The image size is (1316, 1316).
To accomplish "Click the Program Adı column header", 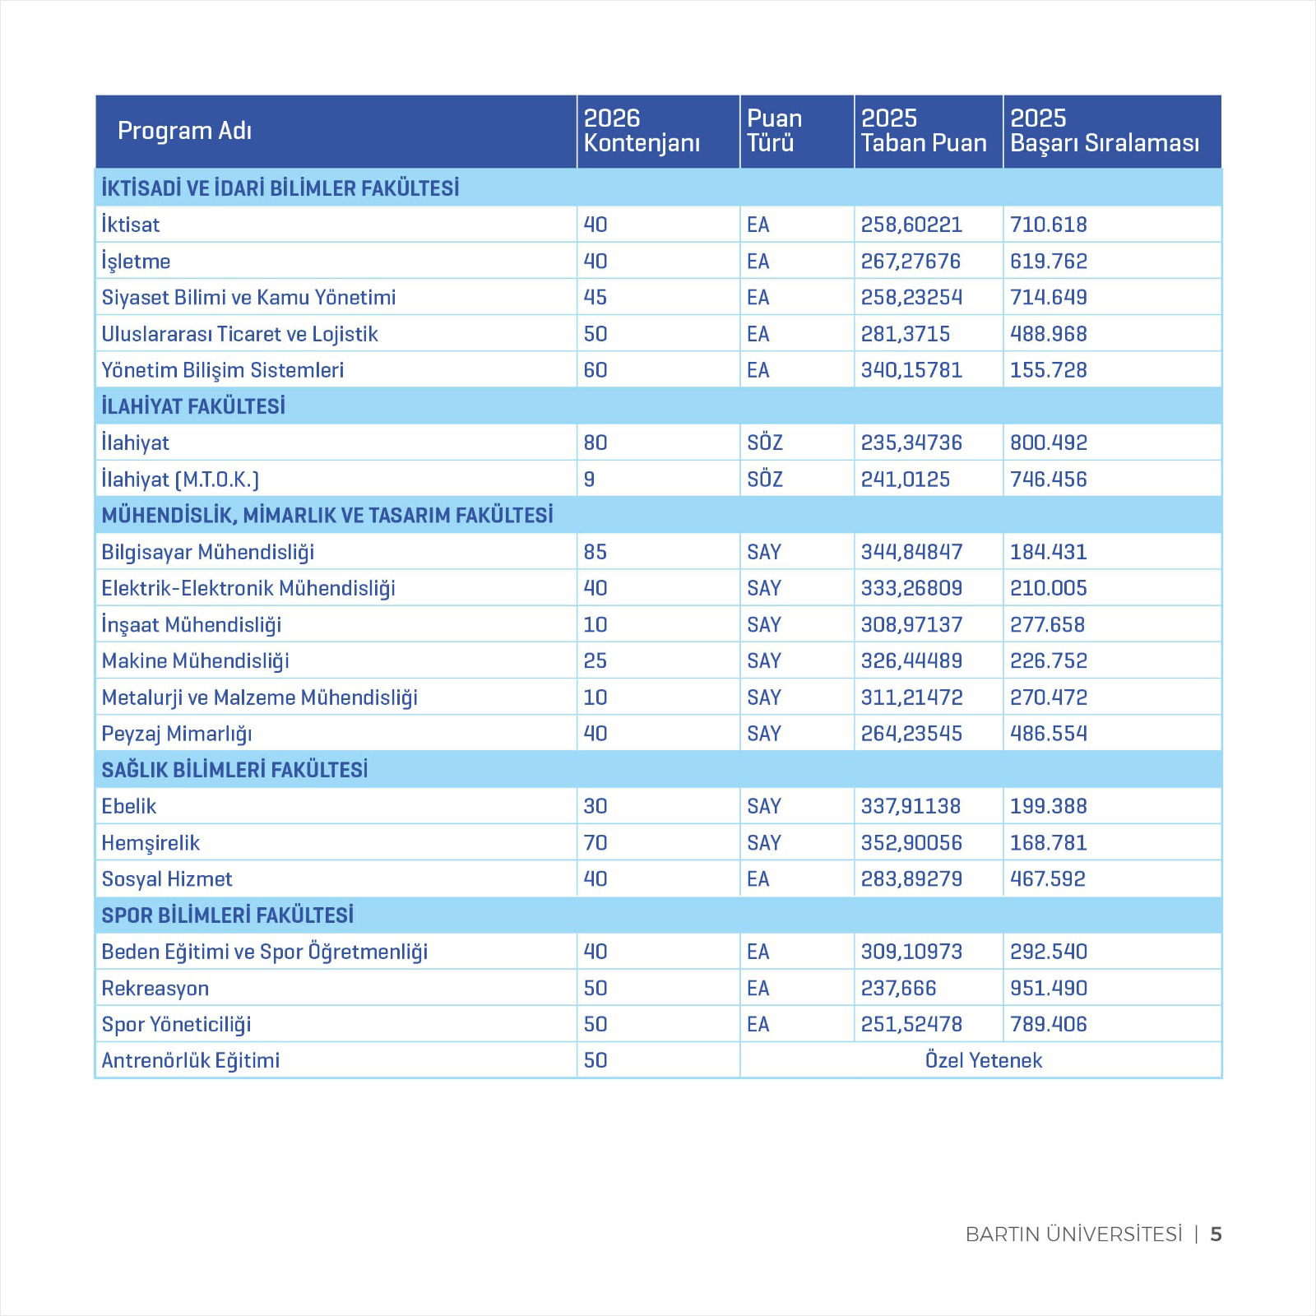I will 184,131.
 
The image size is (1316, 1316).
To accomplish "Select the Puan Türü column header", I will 774,131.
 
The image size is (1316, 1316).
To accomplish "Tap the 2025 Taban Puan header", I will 923,131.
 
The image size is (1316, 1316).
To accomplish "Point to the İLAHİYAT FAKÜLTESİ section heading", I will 193,406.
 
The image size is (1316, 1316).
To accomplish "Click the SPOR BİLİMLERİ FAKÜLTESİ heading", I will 228,915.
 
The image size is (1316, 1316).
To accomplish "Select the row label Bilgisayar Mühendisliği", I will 208,552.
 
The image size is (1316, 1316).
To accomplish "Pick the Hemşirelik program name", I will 151,843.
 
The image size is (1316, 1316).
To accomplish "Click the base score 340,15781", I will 911,370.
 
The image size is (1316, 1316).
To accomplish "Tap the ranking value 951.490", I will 1049,988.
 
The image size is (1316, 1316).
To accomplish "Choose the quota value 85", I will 595,552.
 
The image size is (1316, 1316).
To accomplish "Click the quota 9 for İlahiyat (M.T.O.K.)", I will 589,480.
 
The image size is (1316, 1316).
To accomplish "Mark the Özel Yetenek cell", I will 983,1060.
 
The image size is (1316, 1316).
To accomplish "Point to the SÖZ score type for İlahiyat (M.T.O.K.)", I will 764,480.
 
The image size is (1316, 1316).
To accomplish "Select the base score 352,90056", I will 911,843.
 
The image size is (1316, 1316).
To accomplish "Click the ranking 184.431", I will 1049,552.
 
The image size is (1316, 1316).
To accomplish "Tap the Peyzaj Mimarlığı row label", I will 177,734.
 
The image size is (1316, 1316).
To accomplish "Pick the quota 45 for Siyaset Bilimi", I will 595,298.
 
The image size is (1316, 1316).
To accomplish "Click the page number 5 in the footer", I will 1216,1235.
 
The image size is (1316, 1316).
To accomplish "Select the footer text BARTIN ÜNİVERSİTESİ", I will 1073,1235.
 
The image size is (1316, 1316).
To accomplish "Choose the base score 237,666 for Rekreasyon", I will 898,988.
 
